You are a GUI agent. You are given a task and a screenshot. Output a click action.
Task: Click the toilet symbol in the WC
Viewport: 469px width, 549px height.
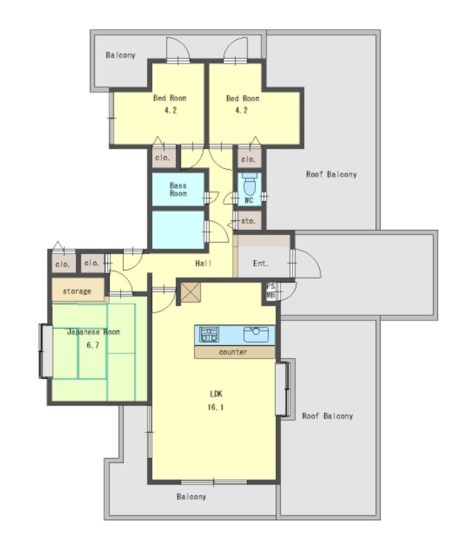tap(249, 183)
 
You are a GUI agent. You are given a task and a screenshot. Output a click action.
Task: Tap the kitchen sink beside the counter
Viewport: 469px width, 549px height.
tap(256, 335)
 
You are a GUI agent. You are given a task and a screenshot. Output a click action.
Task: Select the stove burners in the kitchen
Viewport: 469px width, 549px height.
tap(209, 335)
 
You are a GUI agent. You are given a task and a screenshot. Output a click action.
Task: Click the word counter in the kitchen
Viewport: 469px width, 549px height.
tap(233, 352)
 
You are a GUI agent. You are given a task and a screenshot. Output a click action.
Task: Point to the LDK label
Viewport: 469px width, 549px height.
tap(216, 394)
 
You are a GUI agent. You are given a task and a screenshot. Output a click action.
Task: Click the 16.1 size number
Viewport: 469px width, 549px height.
tap(215, 407)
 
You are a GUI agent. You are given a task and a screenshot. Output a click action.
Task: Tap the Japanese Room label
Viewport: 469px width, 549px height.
tap(93, 332)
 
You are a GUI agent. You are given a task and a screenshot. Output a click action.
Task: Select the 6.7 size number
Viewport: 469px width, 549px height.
tap(92, 345)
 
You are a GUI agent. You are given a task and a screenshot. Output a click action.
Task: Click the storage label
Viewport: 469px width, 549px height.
tap(76, 292)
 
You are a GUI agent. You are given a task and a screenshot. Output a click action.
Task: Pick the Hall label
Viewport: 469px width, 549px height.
tap(204, 263)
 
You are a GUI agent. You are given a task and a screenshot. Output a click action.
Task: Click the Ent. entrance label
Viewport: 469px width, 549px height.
tap(261, 263)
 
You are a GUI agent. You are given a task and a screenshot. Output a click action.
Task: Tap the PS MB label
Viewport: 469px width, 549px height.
tap(270, 291)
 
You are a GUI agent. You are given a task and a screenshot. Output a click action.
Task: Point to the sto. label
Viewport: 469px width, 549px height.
tap(248, 221)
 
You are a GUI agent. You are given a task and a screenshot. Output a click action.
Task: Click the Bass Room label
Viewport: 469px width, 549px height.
tap(178, 189)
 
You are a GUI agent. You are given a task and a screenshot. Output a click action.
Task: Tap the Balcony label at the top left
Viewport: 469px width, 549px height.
tap(120, 55)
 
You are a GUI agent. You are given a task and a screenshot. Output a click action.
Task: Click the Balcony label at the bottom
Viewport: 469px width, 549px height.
tap(191, 496)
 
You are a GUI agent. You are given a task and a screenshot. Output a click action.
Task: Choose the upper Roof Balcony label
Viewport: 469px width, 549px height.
tap(331, 174)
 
